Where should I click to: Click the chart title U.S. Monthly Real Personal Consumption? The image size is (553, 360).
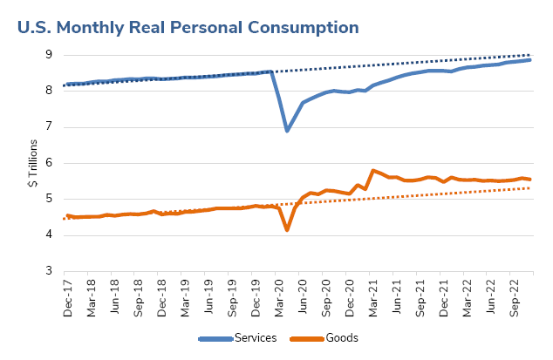pos(188,27)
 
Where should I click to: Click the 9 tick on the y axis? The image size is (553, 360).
pos(49,55)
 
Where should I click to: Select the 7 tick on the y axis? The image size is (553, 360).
pos(49,127)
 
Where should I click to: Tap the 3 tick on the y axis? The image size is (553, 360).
pos(49,271)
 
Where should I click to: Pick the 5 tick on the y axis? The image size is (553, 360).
pos(49,199)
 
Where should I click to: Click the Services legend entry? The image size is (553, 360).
pos(255,338)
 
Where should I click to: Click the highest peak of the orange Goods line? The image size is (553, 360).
pos(373,171)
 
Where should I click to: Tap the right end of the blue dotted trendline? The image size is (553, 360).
pos(531,55)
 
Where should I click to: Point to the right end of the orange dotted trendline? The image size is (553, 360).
pos(531,188)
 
